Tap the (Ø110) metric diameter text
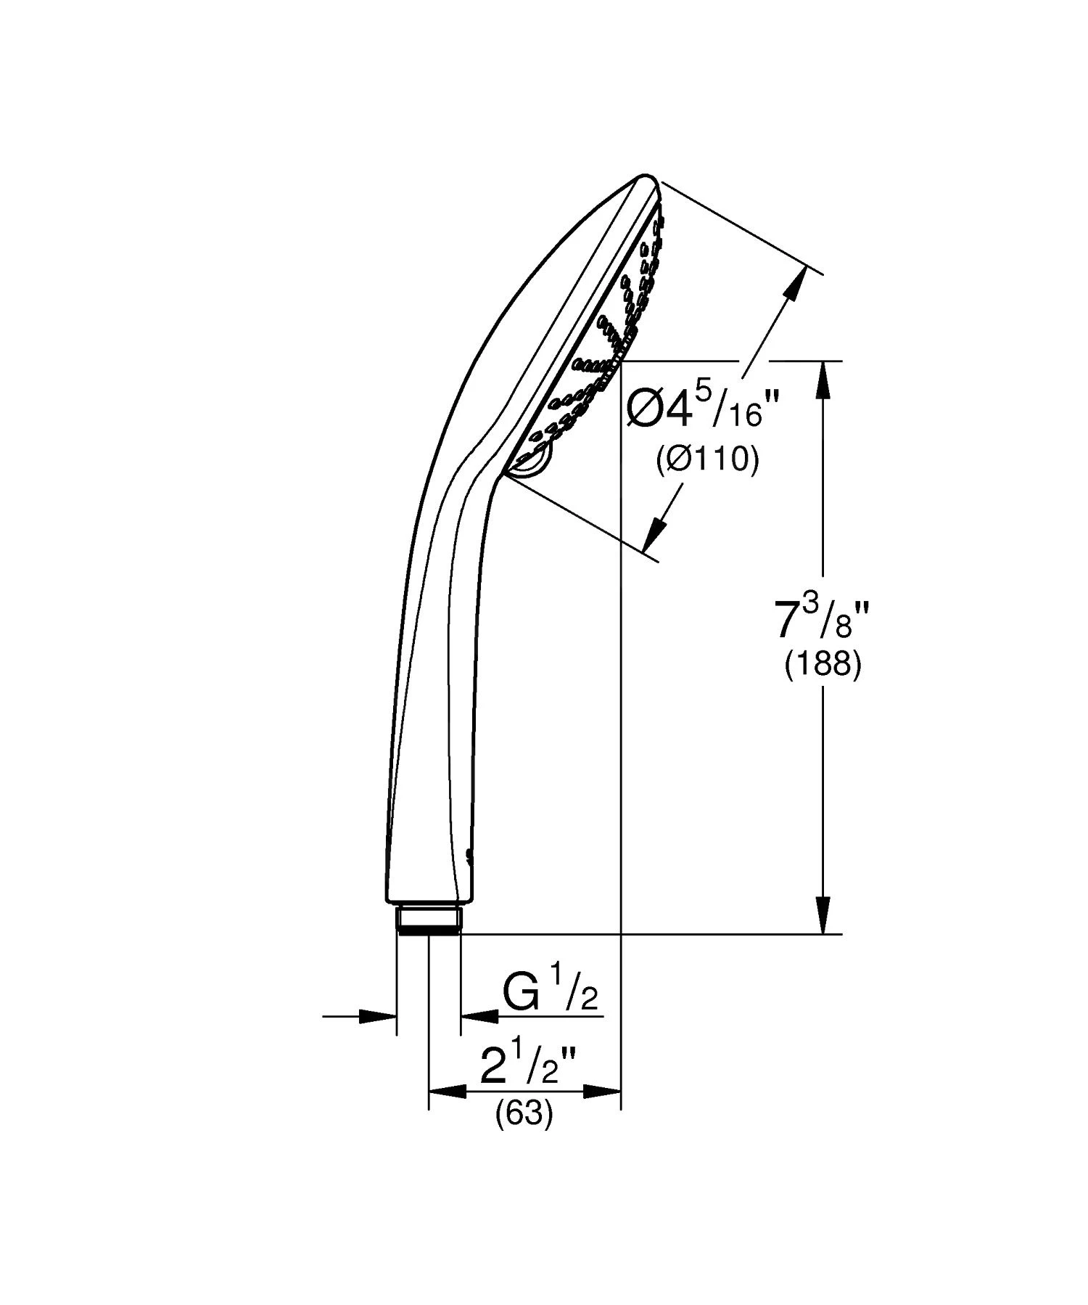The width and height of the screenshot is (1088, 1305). point(707,459)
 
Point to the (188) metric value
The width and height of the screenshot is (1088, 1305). point(823,664)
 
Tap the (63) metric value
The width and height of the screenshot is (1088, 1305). point(524,1113)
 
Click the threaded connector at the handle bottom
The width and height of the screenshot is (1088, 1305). point(428,920)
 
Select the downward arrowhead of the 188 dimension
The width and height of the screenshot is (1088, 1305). point(822,916)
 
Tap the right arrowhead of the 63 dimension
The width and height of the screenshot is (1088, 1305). point(603,1091)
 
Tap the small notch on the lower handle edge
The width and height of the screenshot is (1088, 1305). point(469,856)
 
